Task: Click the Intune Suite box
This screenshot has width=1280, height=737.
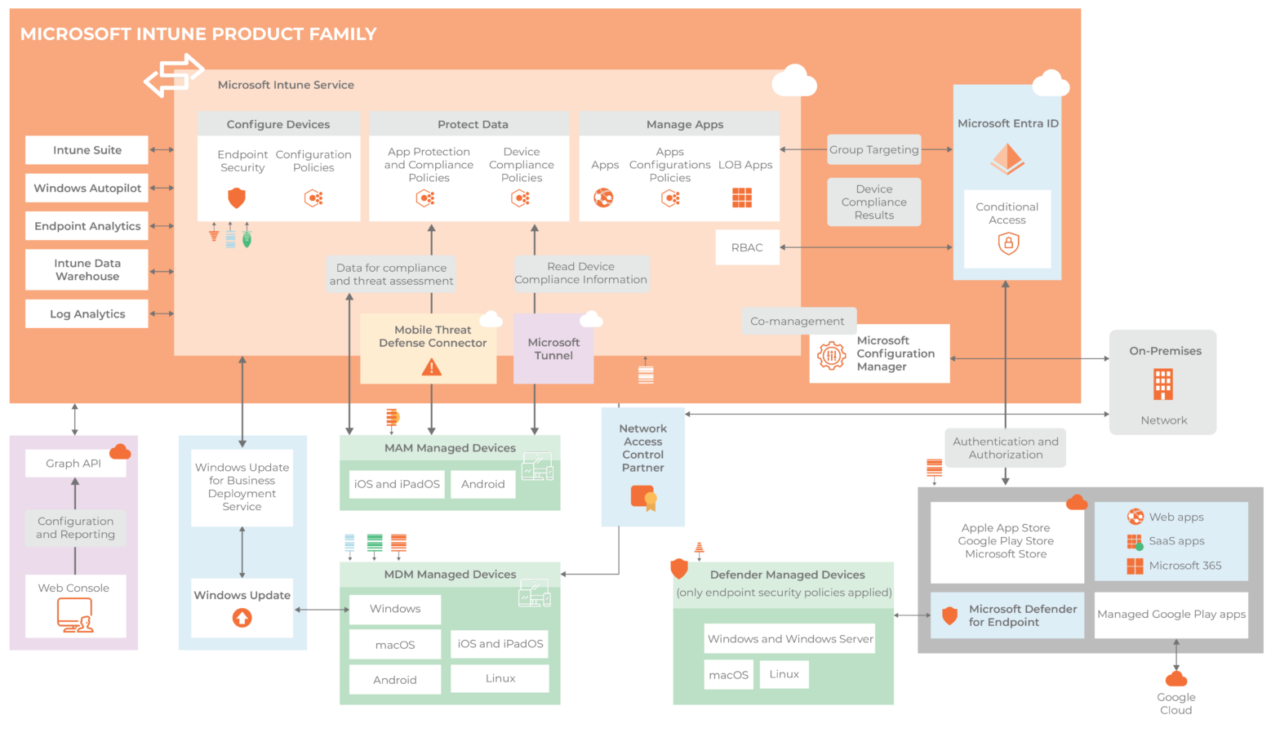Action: click(x=87, y=150)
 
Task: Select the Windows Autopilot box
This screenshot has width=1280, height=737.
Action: click(x=87, y=188)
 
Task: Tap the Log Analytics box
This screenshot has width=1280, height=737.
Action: click(x=87, y=313)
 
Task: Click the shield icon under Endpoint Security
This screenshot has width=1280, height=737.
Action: click(x=236, y=198)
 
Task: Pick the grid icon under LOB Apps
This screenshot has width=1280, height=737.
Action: click(x=741, y=198)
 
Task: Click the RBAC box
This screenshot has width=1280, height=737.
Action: click(x=747, y=247)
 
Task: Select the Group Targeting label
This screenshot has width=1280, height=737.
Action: click(x=873, y=149)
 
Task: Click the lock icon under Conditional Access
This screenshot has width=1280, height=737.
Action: click(x=1008, y=243)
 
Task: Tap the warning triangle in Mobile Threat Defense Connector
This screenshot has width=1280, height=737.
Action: click(x=431, y=367)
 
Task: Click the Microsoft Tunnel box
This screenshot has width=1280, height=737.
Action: click(x=553, y=349)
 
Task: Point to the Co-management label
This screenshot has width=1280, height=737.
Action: click(x=797, y=321)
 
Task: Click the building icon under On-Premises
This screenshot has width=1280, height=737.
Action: click(x=1162, y=384)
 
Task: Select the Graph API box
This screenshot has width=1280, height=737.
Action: click(x=73, y=464)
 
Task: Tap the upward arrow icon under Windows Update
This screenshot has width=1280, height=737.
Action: click(x=242, y=618)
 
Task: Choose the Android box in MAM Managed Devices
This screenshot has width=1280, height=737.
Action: click(x=482, y=484)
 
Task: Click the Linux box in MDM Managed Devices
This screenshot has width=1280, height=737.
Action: click(x=500, y=678)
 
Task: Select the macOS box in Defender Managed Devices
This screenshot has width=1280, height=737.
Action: click(x=728, y=675)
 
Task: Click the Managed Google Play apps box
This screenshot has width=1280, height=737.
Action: click(x=1171, y=615)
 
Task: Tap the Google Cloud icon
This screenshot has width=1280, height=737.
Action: click(x=1176, y=679)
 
